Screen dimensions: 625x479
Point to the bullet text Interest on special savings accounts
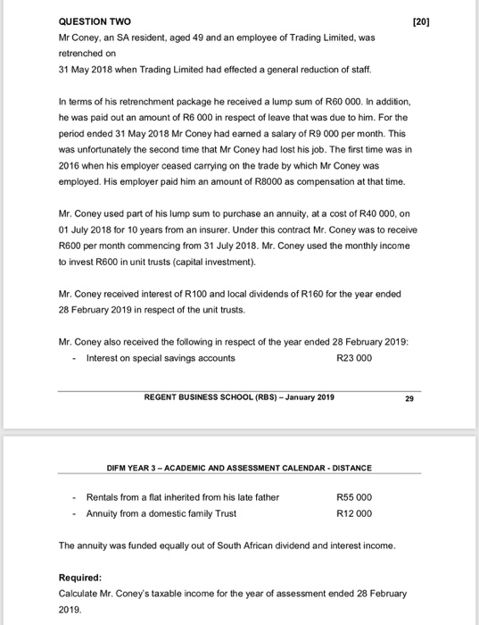[161, 358]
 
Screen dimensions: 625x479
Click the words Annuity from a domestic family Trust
[161, 512]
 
